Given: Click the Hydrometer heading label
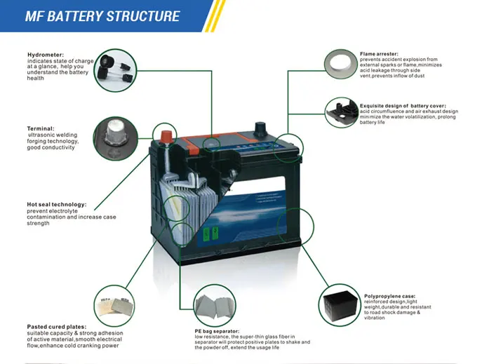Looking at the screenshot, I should (46, 55).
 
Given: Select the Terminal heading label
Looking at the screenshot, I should (40, 128).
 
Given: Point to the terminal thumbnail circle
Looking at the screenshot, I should (112, 135).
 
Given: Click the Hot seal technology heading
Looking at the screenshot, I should (56, 204).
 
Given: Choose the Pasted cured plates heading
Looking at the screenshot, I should (57, 326).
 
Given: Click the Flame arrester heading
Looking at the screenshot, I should (380, 53).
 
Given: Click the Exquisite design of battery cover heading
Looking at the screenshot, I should (400, 105).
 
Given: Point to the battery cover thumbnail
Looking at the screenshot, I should (342, 112).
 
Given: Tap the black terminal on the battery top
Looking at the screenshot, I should (260, 129).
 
